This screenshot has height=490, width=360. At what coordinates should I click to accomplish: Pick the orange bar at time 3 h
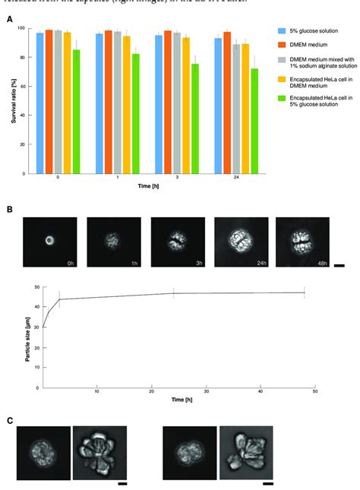click(x=168, y=102)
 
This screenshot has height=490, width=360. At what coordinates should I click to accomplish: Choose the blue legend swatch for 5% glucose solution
click(x=282, y=32)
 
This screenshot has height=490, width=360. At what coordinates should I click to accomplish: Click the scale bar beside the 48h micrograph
click(x=339, y=266)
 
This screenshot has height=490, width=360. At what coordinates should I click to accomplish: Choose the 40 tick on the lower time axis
click(x=260, y=392)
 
